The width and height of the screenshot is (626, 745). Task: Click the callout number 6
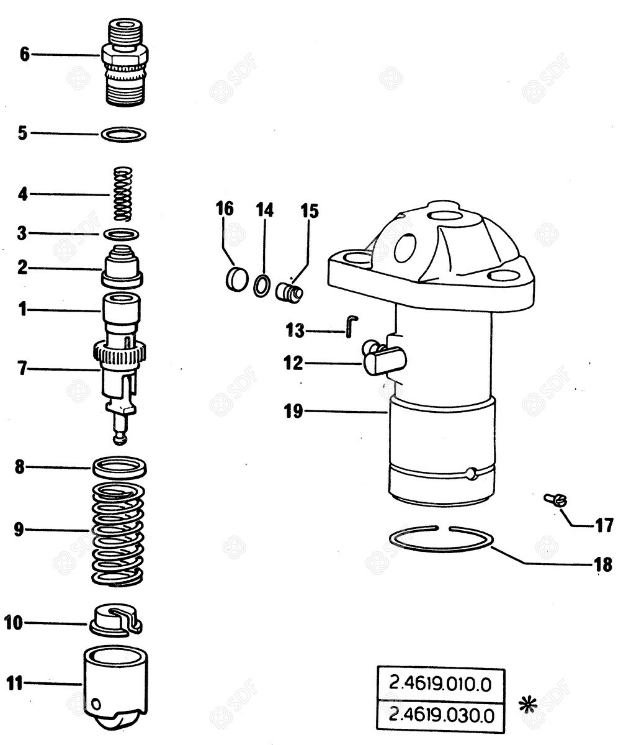click(x=24, y=55)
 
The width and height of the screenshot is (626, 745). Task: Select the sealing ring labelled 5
click(x=123, y=133)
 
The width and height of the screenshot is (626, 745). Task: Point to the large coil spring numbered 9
click(x=118, y=534)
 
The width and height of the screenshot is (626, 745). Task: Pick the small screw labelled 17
click(x=556, y=499)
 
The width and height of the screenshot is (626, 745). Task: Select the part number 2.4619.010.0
click(x=440, y=684)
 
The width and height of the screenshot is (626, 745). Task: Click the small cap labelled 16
click(x=236, y=279)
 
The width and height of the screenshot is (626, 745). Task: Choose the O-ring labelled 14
click(x=262, y=285)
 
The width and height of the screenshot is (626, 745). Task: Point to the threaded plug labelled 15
click(x=289, y=291)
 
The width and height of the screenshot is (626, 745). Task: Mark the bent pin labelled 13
click(x=351, y=325)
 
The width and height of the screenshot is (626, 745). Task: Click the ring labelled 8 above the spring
click(x=119, y=467)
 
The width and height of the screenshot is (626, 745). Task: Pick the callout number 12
click(x=293, y=363)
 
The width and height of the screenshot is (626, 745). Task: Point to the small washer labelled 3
click(x=120, y=234)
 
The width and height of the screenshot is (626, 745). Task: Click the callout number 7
click(x=22, y=369)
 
